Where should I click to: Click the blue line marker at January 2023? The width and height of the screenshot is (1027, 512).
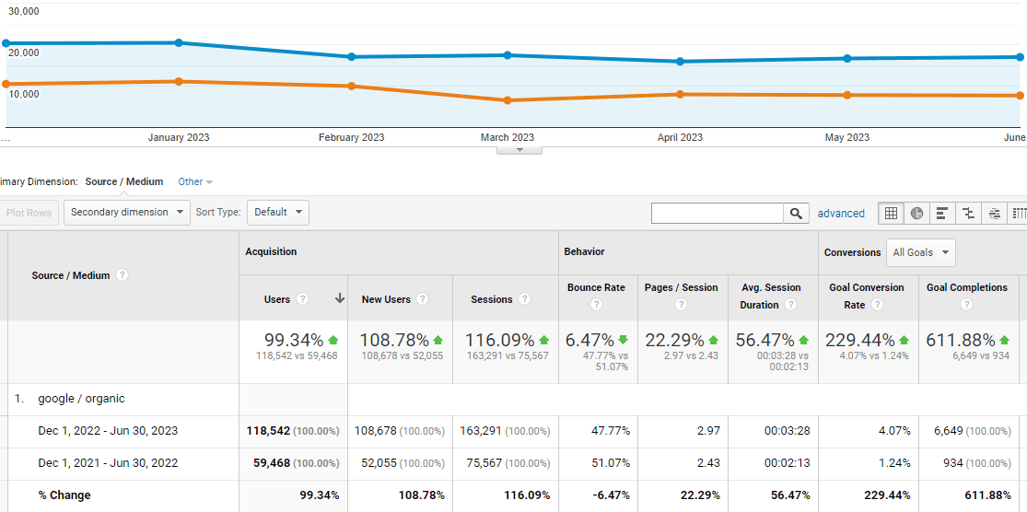click(179, 42)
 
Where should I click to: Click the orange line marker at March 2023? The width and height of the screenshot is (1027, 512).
click(508, 99)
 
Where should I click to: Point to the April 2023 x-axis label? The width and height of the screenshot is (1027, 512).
click(680, 137)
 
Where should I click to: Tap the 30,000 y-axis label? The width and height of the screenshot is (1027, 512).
click(24, 11)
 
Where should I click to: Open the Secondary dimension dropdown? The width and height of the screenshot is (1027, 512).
click(126, 213)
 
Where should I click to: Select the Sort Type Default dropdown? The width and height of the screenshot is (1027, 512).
click(277, 213)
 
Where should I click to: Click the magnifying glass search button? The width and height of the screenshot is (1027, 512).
click(796, 214)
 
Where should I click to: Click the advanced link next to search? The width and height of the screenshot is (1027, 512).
click(841, 214)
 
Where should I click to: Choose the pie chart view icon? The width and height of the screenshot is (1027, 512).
click(916, 214)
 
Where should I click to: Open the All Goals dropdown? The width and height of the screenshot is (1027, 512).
click(920, 252)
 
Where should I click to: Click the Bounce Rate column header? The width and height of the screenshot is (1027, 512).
click(596, 287)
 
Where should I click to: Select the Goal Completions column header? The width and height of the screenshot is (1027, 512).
click(967, 287)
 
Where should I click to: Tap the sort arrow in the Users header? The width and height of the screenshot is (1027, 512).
click(339, 298)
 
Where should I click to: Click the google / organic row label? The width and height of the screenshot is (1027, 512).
click(81, 399)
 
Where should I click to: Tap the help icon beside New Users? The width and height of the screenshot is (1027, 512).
click(422, 299)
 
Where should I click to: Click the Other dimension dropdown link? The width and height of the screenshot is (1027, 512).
click(195, 182)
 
